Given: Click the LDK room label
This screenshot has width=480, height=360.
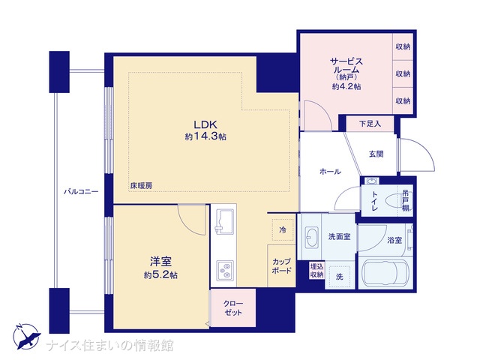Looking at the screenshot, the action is (205, 124).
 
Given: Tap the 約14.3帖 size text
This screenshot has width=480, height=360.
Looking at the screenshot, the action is (205, 136).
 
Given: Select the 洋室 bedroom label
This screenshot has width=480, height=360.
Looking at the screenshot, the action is (160, 262).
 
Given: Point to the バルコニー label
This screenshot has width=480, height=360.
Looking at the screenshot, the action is (81, 192).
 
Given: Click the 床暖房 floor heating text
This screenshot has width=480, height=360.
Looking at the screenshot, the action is (142, 185).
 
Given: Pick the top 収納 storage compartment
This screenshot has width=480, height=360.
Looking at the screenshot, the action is (403, 46).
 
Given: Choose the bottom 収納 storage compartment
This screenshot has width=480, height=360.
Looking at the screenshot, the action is (403, 100).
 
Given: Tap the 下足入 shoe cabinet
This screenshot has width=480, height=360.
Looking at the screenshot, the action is (370, 124).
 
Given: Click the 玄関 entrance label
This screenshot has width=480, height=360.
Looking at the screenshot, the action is (376, 154).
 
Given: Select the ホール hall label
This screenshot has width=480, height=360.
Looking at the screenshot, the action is (330, 172).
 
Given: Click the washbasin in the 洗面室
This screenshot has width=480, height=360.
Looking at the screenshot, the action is (312, 237).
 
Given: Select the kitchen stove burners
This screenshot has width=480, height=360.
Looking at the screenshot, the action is (225, 271).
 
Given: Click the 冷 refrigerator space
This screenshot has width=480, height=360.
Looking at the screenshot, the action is (283, 229).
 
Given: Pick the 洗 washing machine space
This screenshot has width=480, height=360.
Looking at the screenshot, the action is (340, 277).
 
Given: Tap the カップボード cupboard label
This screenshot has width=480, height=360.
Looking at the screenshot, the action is (281, 266).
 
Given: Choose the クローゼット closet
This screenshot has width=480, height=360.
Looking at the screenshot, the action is (233, 308).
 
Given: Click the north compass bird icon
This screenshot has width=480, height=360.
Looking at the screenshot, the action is (26, 337).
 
